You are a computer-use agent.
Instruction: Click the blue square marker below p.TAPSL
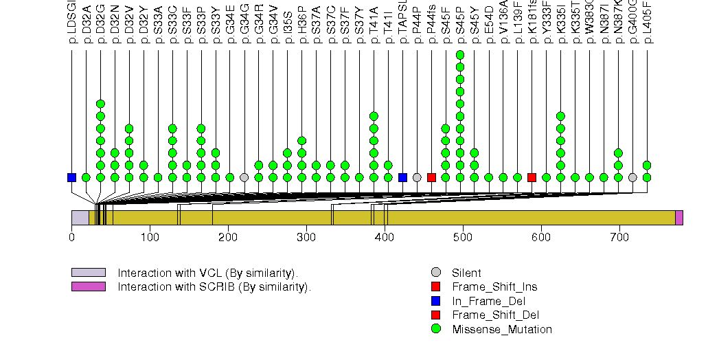(x=402, y=177)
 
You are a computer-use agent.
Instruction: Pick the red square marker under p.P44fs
(x=431, y=177)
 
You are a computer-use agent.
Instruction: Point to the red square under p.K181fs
(x=532, y=177)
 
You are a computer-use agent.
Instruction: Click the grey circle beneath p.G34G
(x=244, y=177)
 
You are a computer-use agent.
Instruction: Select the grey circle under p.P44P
(x=417, y=177)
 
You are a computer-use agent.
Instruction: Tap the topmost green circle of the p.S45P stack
(x=459, y=55)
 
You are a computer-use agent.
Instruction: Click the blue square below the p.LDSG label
(x=71, y=177)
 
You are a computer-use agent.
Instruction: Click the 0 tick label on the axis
(x=71, y=238)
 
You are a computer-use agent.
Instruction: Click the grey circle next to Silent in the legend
(x=435, y=273)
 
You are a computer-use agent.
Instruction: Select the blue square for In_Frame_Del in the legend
(x=435, y=301)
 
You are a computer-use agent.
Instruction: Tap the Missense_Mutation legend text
(x=502, y=330)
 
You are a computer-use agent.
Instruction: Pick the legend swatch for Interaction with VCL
(x=88, y=272)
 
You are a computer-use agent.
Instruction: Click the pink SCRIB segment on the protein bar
(x=679, y=218)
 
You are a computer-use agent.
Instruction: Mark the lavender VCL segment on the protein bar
(x=80, y=218)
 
